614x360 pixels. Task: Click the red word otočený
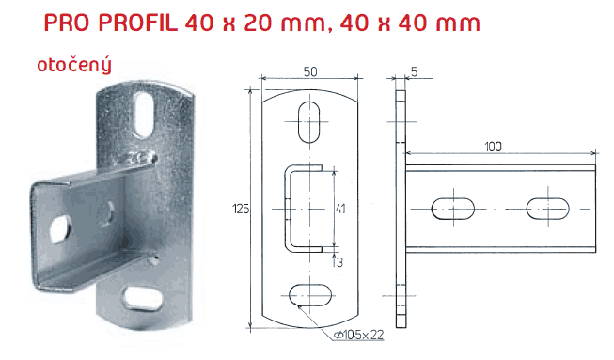[x=74, y=66]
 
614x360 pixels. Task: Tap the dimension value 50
[x=310, y=72]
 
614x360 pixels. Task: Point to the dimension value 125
[x=241, y=209]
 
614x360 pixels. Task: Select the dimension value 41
[x=340, y=209]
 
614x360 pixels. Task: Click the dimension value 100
[x=493, y=147]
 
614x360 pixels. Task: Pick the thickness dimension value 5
[x=415, y=72]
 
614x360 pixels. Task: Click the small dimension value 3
[x=339, y=262]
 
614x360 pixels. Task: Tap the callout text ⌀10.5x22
[x=358, y=335]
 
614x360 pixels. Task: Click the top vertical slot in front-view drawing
[x=309, y=122]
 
